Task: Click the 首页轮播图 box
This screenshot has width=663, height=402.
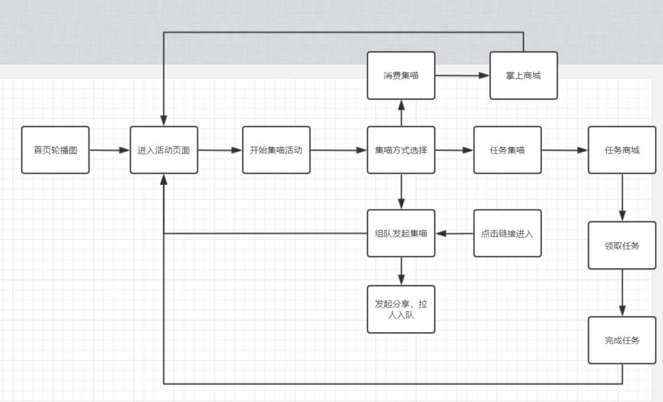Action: point(55,150)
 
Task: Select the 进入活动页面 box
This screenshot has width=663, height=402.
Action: point(164,150)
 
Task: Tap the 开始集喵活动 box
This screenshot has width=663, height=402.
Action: point(276,150)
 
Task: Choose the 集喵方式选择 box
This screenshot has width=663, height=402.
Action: point(401,150)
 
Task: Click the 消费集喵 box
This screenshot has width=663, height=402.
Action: point(401,75)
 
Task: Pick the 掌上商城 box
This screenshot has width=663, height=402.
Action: point(524,75)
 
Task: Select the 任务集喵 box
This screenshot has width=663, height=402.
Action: point(507,150)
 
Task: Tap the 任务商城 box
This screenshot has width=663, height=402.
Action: point(622,150)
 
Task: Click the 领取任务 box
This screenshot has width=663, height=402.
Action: point(622,245)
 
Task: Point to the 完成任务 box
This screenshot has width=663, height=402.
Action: point(622,340)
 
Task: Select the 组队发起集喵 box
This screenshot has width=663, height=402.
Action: point(401,233)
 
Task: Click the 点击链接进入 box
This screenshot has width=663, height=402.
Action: point(507,233)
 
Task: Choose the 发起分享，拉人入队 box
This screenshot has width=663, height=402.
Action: point(401,309)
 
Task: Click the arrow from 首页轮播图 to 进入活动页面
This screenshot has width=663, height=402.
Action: point(109,150)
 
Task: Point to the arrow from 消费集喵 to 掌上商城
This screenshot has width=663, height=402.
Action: point(462,75)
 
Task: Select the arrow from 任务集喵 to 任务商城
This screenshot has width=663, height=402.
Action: point(564,150)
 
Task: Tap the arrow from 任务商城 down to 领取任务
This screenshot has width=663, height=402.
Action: point(622,198)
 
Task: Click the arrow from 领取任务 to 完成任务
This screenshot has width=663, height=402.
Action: point(622,293)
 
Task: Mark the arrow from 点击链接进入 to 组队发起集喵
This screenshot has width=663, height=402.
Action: point(454,233)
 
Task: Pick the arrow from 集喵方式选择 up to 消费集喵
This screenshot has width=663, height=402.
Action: point(401,113)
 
